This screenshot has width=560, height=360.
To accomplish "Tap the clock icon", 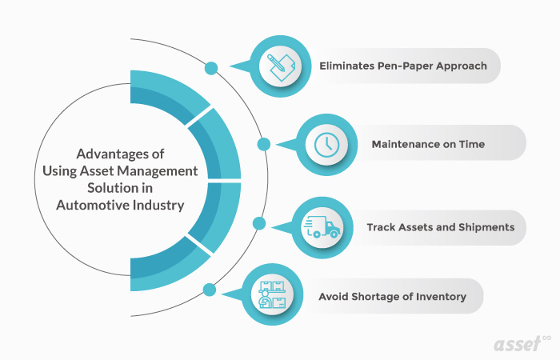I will coord(325,145).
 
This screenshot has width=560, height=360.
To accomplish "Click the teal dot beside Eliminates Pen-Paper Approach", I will coord(211,69).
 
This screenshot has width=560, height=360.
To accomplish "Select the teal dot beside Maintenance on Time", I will coord(263,144).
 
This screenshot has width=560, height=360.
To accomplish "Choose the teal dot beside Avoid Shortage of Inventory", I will coord(210,290).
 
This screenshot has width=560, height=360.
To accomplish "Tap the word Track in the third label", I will coord(382,227).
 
